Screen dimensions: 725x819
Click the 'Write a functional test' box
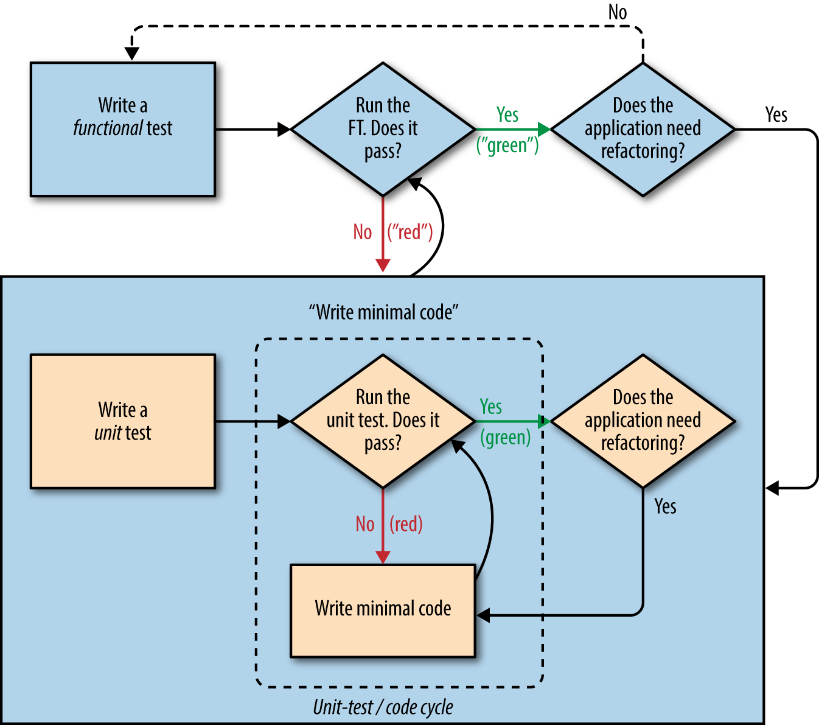pos(123,129)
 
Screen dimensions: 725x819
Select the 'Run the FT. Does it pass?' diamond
pos(383,129)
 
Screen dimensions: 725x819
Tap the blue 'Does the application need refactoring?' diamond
pos(643,129)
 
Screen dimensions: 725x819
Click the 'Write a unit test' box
pos(123,421)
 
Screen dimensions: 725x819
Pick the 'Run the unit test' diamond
pos(383,421)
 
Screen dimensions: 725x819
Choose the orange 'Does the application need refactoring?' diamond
pos(643,421)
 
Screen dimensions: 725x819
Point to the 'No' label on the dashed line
pos(618,12)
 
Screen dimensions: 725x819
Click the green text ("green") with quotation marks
pos(507,145)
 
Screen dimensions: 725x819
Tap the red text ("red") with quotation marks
pos(410,232)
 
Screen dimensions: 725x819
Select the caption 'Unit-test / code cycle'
pos(383,707)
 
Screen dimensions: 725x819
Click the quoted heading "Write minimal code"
pos(383,312)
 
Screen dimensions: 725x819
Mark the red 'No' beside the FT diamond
pos(363,232)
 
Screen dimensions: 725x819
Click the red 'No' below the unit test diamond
pos(365,524)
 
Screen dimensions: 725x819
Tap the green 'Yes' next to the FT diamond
pos(507,114)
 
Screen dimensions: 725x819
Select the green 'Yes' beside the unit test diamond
pos(491,407)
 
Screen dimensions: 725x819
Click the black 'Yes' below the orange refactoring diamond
pos(665,506)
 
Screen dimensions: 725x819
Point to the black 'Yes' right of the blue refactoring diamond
pos(776,114)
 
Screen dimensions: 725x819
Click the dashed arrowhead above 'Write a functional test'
pos(131,54)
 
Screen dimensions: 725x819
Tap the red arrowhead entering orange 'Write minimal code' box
pos(383,556)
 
